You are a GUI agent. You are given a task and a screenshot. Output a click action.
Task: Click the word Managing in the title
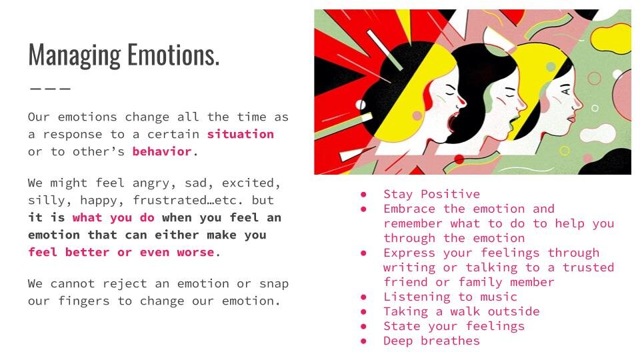point(75,55)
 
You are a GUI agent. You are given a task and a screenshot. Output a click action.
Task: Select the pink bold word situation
point(241,134)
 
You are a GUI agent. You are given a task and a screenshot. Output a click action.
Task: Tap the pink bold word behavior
point(162,151)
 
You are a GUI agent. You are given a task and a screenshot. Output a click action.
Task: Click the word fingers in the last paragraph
point(84,301)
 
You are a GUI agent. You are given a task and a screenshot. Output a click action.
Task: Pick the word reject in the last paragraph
point(125,284)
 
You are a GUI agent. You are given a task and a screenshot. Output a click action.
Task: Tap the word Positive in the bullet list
point(450,194)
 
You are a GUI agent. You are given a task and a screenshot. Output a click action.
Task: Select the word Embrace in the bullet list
point(409,209)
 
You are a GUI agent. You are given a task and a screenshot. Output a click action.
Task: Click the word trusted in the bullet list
point(588,267)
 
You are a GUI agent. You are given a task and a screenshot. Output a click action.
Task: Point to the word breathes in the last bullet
point(450,341)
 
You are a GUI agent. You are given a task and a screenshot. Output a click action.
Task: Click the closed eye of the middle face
point(510,95)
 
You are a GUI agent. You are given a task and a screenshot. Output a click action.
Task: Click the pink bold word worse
point(195,253)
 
